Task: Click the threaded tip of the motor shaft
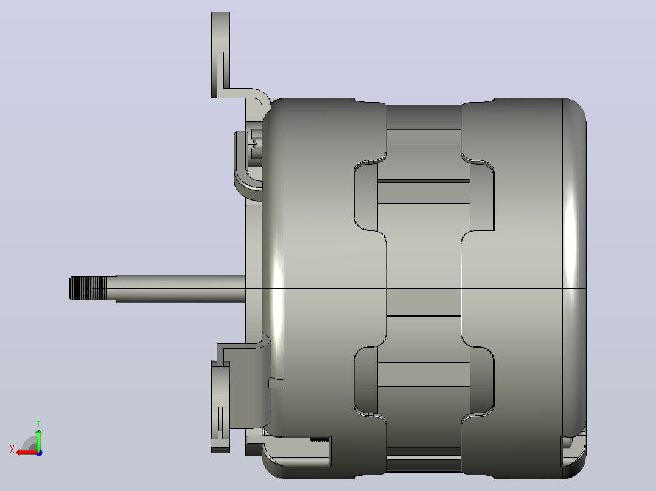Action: click(88, 288)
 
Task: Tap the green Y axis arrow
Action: click(38, 439)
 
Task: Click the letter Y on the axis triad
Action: click(38, 422)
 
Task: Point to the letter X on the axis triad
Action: click(12, 450)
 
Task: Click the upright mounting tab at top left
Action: click(220, 54)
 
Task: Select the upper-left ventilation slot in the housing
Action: click(366, 196)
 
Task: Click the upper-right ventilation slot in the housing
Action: click(482, 196)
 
